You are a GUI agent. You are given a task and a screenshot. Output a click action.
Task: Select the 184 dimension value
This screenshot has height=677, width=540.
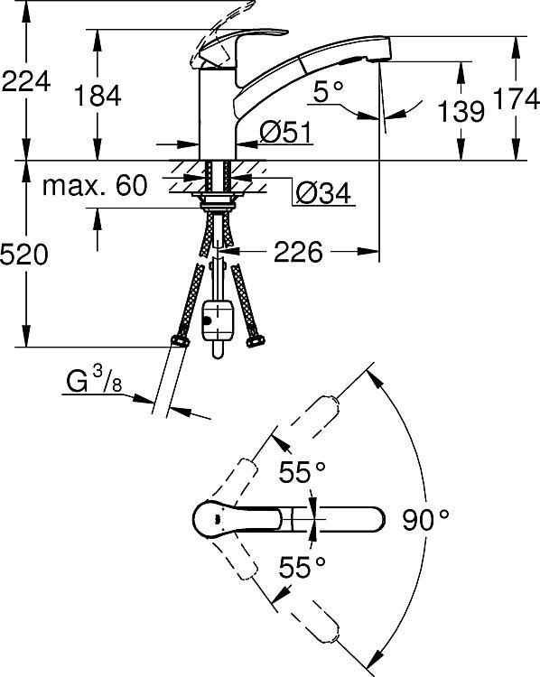click(x=98, y=96)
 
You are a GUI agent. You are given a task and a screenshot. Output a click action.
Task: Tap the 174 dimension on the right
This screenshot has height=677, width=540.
click(x=516, y=99)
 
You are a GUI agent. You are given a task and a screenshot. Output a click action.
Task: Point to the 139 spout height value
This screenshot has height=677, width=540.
click(x=461, y=110)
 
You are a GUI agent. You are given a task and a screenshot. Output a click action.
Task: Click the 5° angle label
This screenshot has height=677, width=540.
click(x=328, y=91)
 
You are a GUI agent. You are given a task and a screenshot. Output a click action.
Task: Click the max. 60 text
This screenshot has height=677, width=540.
click(x=95, y=185)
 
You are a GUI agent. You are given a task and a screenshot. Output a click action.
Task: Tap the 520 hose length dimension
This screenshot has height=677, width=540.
click(x=23, y=254)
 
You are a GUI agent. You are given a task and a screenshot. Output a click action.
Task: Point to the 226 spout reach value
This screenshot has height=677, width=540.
click(x=298, y=251)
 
